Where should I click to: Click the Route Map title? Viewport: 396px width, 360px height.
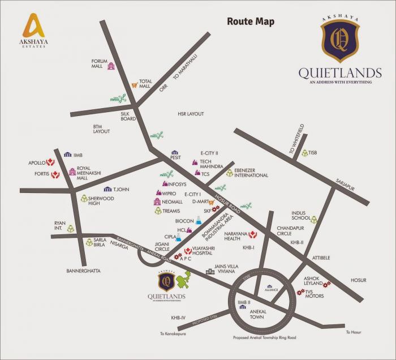point(251,22)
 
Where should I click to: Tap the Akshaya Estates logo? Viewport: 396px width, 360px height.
point(34,29)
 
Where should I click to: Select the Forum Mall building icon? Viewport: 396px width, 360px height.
point(111,66)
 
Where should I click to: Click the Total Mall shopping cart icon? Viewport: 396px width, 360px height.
point(135,85)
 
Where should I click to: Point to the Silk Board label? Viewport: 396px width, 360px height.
point(128,116)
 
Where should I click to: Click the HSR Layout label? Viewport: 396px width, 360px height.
point(190,114)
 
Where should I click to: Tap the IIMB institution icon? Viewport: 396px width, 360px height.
point(68,154)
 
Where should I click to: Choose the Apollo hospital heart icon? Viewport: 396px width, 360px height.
point(50,162)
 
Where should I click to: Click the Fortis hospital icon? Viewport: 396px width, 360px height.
point(55,175)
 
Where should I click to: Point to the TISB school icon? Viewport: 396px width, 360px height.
point(305,153)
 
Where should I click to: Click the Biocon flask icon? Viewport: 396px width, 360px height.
point(199,220)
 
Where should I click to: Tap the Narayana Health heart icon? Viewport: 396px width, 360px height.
point(253,234)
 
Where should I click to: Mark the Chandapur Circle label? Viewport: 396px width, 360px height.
point(292,230)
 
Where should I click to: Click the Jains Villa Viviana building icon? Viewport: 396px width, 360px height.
point(210,272)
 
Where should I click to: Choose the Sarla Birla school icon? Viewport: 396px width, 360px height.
point(89,242)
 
